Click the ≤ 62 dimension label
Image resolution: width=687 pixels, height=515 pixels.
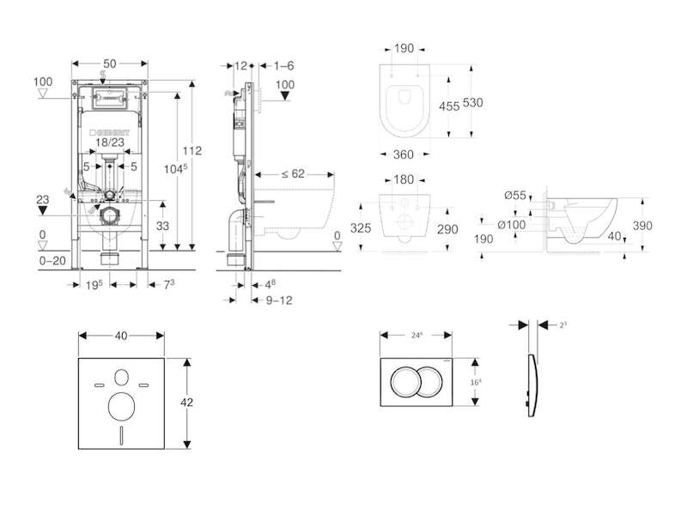(294, 173)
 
